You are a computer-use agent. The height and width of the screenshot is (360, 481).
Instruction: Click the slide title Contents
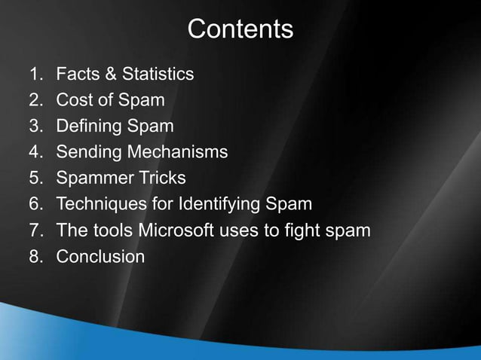[x=240, y=29]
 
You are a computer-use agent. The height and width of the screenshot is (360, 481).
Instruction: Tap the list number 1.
[x=35, y=74]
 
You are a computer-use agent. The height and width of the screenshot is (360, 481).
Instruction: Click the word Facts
[x=78, y=74]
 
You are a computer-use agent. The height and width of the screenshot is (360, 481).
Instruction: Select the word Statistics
[x=158, y=74]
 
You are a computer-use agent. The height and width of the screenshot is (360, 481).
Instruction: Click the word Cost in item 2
[x=74, y=99]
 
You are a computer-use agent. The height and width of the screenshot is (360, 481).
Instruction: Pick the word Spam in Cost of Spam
[x=142, y=100]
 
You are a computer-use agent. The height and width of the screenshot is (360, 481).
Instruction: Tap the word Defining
[x=88, y=126]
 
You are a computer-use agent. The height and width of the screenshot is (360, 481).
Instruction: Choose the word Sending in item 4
[x=88, y=152]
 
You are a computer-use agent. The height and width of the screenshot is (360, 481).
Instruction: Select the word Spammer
[x=93, y=178]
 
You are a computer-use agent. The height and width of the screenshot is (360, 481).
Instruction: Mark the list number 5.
[x=35, y=178]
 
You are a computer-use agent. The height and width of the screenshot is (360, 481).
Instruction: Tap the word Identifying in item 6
[x=225, y=204]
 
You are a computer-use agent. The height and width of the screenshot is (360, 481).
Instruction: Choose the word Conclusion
[x=100, y=256]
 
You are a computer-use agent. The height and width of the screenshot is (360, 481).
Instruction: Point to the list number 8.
[x=35, y=256]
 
